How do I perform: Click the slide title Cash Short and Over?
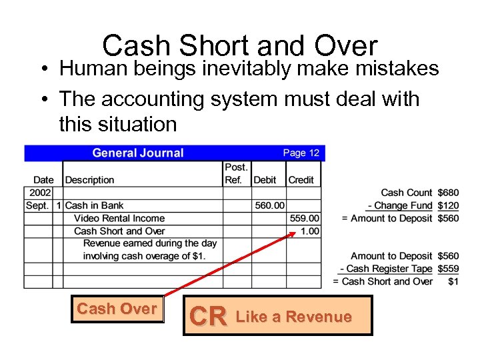point(240,46)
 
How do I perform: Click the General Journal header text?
point(137,153)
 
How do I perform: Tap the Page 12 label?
point(301,153)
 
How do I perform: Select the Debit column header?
point(265,179)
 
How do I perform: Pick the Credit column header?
point(301,179)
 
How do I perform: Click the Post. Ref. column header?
point(236,173)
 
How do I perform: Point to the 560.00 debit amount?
point(269,205)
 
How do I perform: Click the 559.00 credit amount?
point(305,218)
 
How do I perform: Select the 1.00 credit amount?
point(310,231)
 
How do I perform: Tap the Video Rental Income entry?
point(119,218)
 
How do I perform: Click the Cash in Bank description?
point(95,205)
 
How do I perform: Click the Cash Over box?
point(117,309)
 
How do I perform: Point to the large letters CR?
point(208,317)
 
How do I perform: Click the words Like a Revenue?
point(293,317)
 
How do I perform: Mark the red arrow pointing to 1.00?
point(227,265)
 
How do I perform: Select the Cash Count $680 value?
point(448,193)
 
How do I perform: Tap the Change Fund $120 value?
point(448,205)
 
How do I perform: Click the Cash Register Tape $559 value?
point(448,269)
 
